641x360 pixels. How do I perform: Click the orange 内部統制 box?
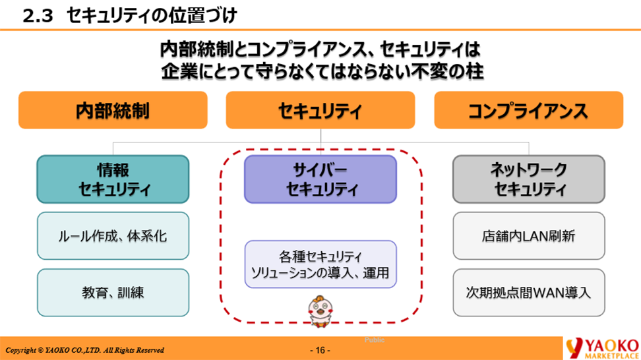pyautogui.click(x=113, y=109)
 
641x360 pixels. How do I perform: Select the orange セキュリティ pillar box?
pyautogui.click(x=320, y=109)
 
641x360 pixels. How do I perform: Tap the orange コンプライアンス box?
pyautogui.click(x=528, y=109)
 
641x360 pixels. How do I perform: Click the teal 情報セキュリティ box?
pyautogui.click(x=113, y=179)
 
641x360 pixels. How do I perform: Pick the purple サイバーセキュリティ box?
pyautogui.click(x=320, y=179)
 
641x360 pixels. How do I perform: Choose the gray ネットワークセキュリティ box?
pyautogui.click(x=528, y=179)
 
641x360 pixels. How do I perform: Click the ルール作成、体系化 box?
pyautogui.click(x=113, y=235)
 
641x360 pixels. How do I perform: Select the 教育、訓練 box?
pyautogui.click(x=113, y=291)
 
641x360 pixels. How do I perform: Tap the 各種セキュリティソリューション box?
pyautogui.click(x=320, y=264)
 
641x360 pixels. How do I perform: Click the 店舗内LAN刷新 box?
pyautogui.click(x=528, y=235)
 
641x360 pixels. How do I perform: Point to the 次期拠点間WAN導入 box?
pyautogui.click(x=528, y=291)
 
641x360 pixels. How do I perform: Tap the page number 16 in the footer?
pyautogui.click(x=320, y=350)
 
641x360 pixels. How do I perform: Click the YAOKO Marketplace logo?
pyautogui.click(x=601, y=347)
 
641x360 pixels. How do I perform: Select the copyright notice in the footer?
pyautogui.click(x=84, y=350)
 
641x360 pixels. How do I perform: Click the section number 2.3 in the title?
pyautogui.click(x=38, y=15)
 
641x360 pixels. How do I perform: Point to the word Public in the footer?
pyautogui.click(x=375, y=340)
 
